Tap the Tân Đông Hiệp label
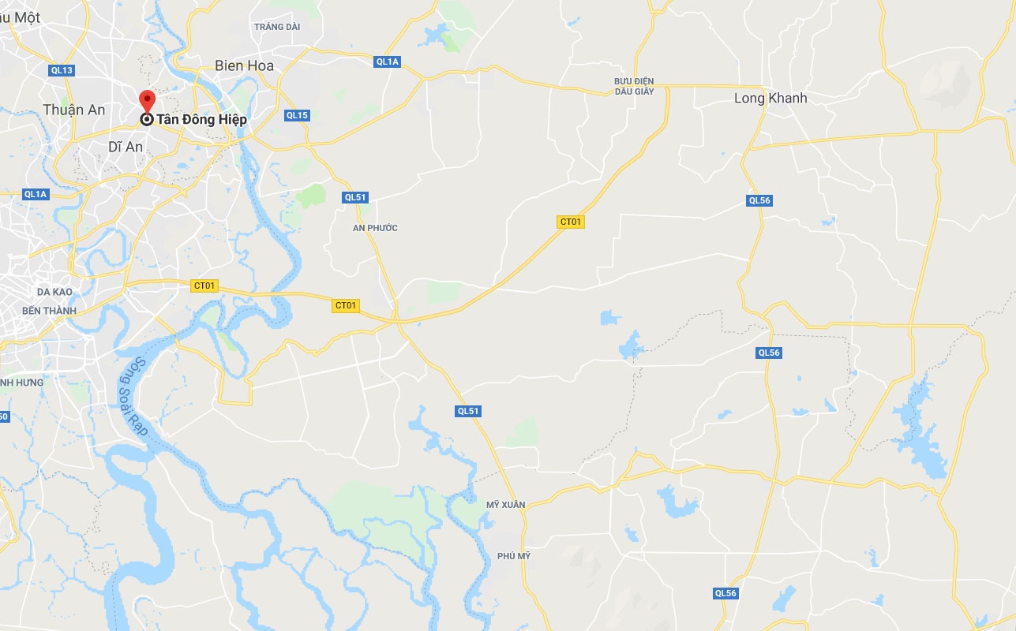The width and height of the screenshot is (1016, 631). click(x=201, y=120)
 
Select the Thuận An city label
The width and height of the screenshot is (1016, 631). click(x=74, y=110)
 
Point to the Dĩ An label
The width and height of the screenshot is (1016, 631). click(x=125, y=147)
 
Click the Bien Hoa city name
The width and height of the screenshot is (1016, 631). click(x=244, y=65)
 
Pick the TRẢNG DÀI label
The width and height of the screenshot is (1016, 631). click(x=278, y=27)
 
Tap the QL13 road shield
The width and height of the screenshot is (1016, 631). click(x=62, y=70)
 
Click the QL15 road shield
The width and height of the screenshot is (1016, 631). click(x=297, y=115)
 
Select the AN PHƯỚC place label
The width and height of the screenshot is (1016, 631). click(x=375, y=228)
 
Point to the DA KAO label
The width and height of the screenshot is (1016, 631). click(x=54, y=292)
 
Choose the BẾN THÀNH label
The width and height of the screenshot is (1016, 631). click(x=49, y=311)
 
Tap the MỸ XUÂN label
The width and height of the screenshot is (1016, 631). click(x=505, y=505)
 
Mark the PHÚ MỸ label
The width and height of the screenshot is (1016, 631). click(x=514, y=556)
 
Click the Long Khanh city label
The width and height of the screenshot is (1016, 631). click(x=770, y=99)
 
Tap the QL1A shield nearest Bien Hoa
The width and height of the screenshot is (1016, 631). click(x=388, y=62)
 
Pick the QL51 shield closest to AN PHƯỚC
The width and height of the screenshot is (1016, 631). click(x=356, y=197)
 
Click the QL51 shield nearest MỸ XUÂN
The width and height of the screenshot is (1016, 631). click(x=468, y=411)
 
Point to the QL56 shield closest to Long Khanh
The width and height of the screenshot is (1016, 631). click(x=759, y=200)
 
